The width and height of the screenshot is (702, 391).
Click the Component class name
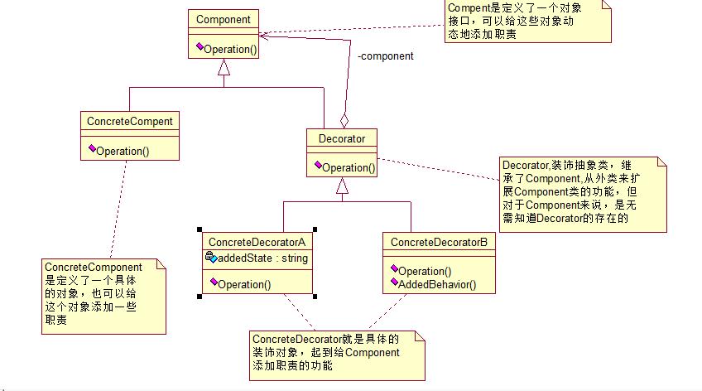[x=224, y=19]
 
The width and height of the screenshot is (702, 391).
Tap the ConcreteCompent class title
[x=129, y=121]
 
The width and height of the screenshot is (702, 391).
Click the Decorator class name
[x=341, y=138]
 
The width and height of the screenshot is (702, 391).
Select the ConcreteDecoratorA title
[x=257, y=241]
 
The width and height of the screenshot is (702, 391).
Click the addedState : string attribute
[x=262, y=258]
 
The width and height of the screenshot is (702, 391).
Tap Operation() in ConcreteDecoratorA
[x=244, y=284]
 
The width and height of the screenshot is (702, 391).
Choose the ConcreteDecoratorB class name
[x=439, y=241]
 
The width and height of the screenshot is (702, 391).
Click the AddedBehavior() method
[x=437, y=284]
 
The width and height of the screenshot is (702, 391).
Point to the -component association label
[x=386, y=57]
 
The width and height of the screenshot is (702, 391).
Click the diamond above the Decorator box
[x=344, y=121]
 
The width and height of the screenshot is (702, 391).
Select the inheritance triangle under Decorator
[x=341, y=189]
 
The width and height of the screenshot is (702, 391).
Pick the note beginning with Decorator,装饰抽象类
[x=579, y=192]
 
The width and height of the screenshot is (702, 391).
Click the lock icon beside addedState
[x=210, y=258]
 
